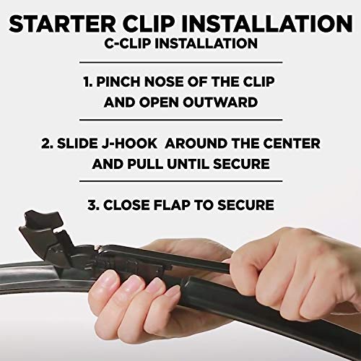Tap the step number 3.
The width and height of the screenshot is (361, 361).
[92, 205]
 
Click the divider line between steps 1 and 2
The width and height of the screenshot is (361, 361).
[180, 121]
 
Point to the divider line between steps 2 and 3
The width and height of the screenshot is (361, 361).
[180, 183]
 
